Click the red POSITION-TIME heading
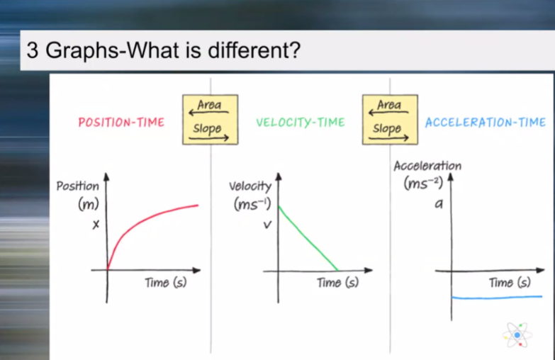pos(121,123)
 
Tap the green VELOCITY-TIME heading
pos(301,123)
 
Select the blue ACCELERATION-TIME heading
pos(486,123)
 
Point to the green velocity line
pos(308,238)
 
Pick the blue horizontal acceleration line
pos(497,298)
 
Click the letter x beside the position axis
pos(96,225)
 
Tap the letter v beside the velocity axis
pos(268,225)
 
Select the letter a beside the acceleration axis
pos(439,203)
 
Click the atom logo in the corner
pos(517,335)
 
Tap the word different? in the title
pos(254,50)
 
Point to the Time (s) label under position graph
pos(166,283)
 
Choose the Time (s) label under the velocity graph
pos(337,283)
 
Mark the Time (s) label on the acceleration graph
pos(510,283)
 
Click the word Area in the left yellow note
pos(209,105)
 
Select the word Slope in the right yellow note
pos(387,129)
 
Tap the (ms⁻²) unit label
pos(423,184)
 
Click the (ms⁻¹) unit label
pos(252,204)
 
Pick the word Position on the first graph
pos(78,186)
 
